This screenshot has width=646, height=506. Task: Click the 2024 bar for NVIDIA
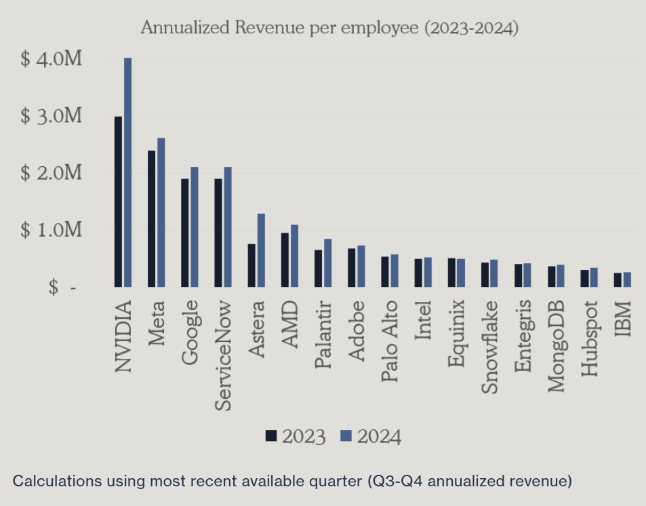127,173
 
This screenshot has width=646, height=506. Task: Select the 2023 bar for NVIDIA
118,202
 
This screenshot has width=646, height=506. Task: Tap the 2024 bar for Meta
161,213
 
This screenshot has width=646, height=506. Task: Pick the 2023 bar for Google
184,233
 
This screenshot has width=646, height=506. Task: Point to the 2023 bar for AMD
285,260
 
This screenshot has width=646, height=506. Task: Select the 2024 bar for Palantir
327,263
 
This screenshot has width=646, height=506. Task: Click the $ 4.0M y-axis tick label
52,59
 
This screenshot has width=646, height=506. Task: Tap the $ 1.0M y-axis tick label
52,231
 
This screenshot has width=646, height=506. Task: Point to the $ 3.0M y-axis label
52,116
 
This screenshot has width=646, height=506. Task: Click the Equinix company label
456,333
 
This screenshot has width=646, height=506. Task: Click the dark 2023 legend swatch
272,436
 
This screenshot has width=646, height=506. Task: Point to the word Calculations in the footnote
56,482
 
